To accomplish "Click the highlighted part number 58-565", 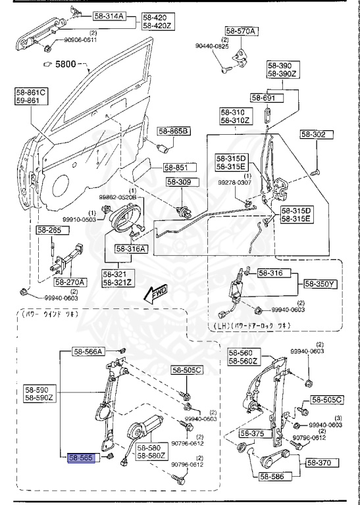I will [82, 456].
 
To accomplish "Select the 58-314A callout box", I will [109, 16].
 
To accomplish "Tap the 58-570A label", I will [242, 30].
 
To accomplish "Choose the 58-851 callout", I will [177, 168].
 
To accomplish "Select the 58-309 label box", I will [180, 182].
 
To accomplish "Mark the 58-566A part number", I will [89, 352].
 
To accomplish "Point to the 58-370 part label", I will [321, 464].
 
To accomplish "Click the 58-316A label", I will [132, 249].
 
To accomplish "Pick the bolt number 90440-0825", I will [212, 46].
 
